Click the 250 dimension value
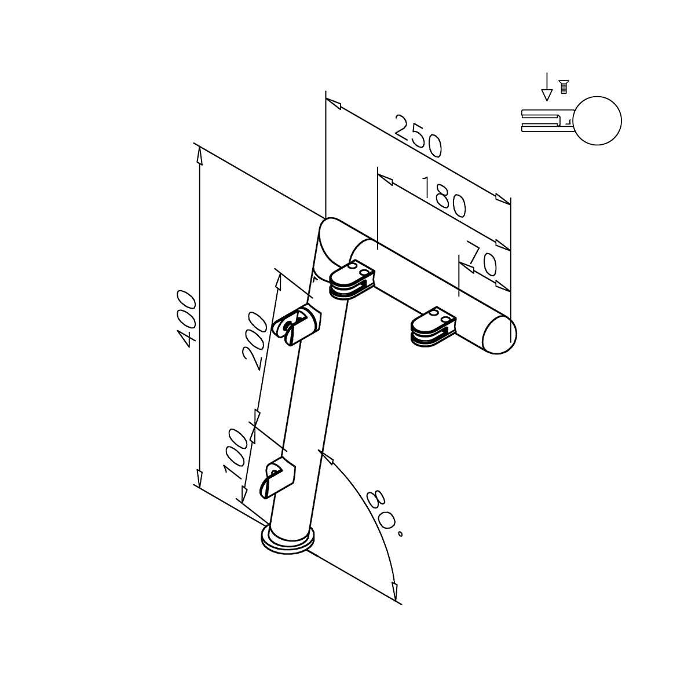pos(418,137)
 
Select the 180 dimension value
pos(442,196)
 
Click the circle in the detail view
pos(598,121)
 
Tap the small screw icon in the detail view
pos(562,87)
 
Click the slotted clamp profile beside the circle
pos(546,121)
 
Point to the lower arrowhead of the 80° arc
pos(396,590)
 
